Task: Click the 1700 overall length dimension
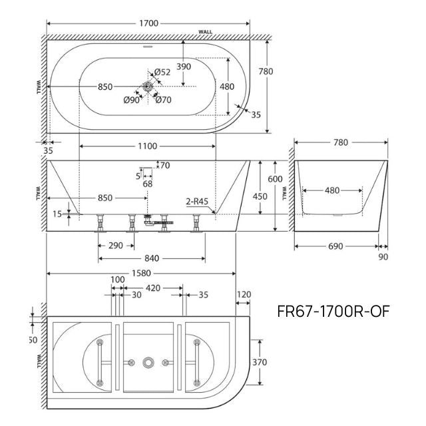148,23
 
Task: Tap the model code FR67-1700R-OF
332,311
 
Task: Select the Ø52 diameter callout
162,73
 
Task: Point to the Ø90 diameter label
131,101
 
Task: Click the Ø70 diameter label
164,101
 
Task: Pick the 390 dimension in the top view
183,67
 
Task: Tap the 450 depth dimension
260,196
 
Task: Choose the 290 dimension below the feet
114,246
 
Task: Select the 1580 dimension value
141,273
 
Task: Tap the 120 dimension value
244,294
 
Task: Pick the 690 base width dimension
335,246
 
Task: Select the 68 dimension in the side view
147,184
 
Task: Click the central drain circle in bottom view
149,362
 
